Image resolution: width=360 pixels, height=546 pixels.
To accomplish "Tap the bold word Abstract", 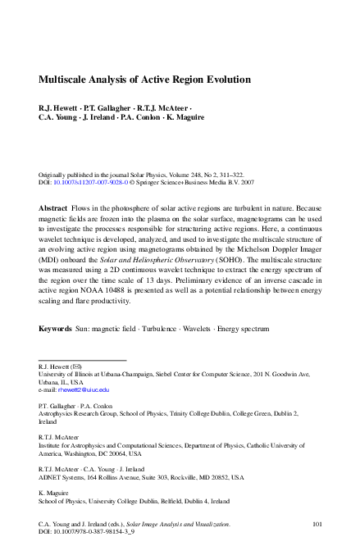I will pyautogui.click(x=53, y=209).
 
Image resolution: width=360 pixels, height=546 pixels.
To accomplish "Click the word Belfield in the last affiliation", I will pyautogui.click(x=163, y=501).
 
